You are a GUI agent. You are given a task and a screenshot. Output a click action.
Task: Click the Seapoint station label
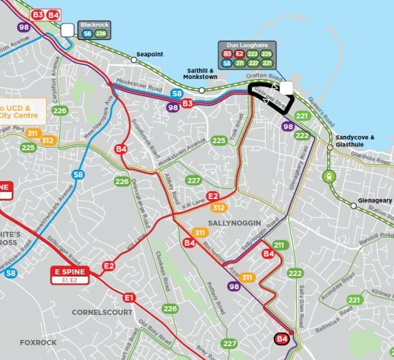[150, 54]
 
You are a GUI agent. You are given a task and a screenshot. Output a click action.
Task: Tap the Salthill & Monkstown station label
[200, 73]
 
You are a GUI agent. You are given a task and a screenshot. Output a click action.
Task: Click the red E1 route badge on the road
[129, 297]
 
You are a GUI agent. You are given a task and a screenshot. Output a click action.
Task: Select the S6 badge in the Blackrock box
[88, 34]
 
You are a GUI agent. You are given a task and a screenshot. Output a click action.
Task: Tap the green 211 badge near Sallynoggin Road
[279, 245]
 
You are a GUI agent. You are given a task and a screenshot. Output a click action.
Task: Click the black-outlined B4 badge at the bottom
[282, 339]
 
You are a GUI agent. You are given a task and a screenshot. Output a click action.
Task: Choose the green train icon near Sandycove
[327, 177]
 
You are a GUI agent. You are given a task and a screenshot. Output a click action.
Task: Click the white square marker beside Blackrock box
[67, 29]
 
